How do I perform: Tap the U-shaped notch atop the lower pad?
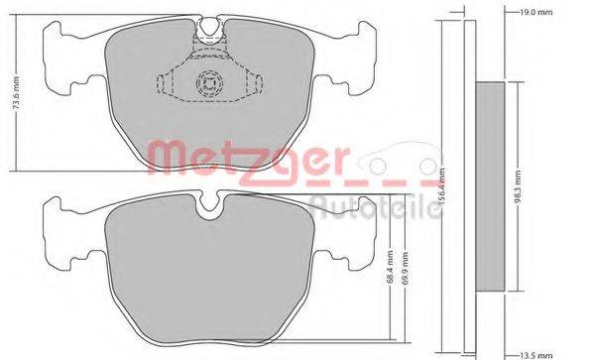point(209,206)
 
